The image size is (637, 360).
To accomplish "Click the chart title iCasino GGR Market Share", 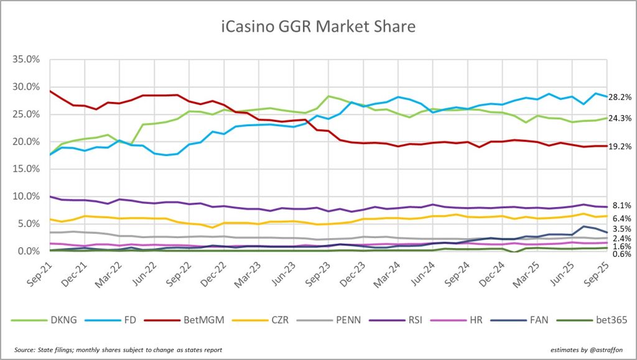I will click(318, 27).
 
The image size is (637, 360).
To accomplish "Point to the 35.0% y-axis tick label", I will click(29, 60).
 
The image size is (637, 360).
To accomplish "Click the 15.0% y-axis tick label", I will click(29, 169).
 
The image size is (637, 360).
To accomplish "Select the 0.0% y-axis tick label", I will click(31, 251).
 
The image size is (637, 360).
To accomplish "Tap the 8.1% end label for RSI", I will click(621, 206).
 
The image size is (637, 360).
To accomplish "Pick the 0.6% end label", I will click(621, 254).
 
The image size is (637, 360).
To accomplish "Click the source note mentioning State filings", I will click(118, 350).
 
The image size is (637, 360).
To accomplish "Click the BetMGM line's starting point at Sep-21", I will click(50, 91).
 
